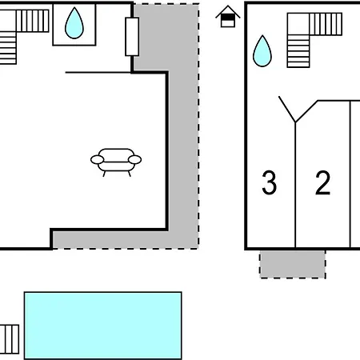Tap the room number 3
[269, 182]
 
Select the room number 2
[322, 182]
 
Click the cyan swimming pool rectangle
[103, 326]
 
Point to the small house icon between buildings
[228, 17]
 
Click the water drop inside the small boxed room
[74, 23]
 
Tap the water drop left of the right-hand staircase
[262, 51]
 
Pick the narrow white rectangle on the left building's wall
[132, 37]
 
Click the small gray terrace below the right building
[293, 264]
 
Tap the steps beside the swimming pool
[10, 339]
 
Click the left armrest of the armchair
[97, 160]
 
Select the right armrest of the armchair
[134, 160]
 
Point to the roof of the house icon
[228, 12]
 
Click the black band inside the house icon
[228, 18]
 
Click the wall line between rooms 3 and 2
[295, 185]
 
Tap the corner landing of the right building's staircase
[298, 24]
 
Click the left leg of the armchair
[104, 174]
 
